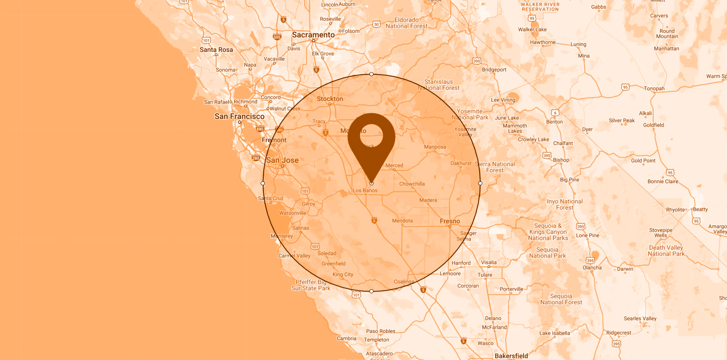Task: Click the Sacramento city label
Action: pyautogui.click(x=313, y=35)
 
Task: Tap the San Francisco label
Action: pyautogui.click(x=239, y=117)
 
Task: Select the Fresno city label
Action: pyautogui.click(x=450, y=221)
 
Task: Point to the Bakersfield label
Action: pyautogui.click(x=511, y=356)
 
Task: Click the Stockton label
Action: pyautogui.click(x=330, y=99)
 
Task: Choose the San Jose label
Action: pyautogui.click(x=282, y=160)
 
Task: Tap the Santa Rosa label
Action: pyautogui.click(x=216, y=50)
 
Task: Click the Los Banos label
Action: pyautogui.click(x=365, y=190)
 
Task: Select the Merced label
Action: pyautogui.click(x=394, y=166)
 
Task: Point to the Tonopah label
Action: pyautogui.click(x=654, y=89)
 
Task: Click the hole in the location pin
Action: pyautogui.click(x=371, y=135)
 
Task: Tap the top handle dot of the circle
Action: pyautogui.click(x=371, y=74)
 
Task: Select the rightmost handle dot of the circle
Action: pyautogui.click(x=480, y=184)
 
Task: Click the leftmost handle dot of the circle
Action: pyautogui.click(x=263, y=184)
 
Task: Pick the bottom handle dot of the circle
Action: pyautogui.click(x=371, y=292)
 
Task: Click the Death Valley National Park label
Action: pyautogui.click(x=666, y=251)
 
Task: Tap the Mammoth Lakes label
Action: pyautogui.click(x=515, y=129)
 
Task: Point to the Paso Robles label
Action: pyautogui.click(x=381, y=331)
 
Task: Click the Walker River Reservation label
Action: pyautogui.click(x=540, y=7)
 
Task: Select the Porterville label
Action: pyautogui.click(x=511, y=289)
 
